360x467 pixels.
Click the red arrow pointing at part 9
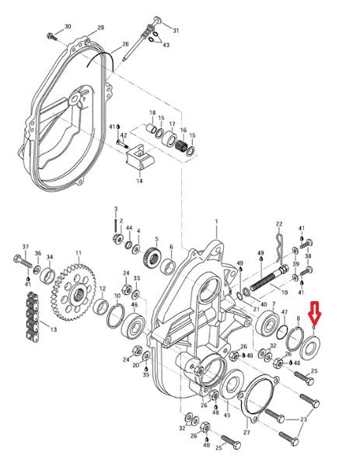(314, 313)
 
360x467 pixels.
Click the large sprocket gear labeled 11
(73, 294)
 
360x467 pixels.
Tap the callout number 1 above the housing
(217, 222)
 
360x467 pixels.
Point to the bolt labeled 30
(51, 37)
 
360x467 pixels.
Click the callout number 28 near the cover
(125, 44)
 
